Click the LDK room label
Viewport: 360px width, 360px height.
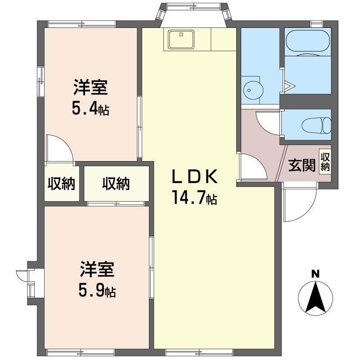tap(195, 176)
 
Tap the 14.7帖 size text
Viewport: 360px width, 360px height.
tap(195, 198)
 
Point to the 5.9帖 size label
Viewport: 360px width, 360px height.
tap(97, 290)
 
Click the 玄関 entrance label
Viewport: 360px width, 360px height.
tap(302, 165)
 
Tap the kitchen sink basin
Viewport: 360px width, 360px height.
tap(181, 39)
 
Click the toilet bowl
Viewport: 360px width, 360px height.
tap(316, 126)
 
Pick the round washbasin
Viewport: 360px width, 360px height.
tap(253, 90)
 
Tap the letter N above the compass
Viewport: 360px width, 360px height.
tap(315, 274)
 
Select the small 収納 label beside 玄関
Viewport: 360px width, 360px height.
tap(325, 162)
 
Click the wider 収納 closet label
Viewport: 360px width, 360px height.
tap(116, 184)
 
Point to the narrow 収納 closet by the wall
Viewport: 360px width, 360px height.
tap(61, 184)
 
